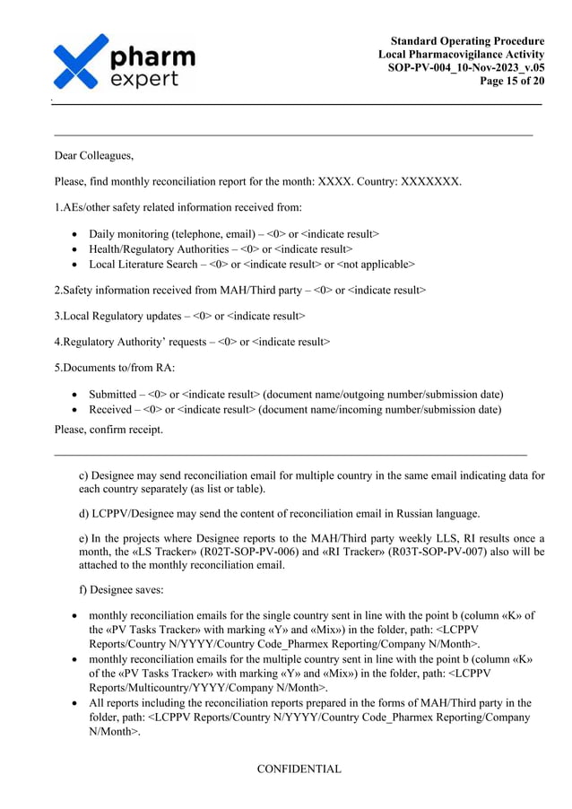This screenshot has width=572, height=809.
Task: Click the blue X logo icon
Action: (81, 62)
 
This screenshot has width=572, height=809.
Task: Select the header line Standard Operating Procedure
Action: (467, 41)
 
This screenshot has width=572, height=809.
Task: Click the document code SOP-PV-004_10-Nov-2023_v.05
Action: (465, 68)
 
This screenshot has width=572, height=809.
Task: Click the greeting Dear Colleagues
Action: (94, 156)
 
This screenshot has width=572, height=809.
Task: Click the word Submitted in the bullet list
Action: (115, 395)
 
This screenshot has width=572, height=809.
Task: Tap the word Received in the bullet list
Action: (112, 410)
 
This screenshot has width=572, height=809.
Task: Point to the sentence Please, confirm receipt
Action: (108, 430)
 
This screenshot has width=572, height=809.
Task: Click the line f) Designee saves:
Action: (114, 591)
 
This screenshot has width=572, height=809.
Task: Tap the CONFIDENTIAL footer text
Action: (299, 769)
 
